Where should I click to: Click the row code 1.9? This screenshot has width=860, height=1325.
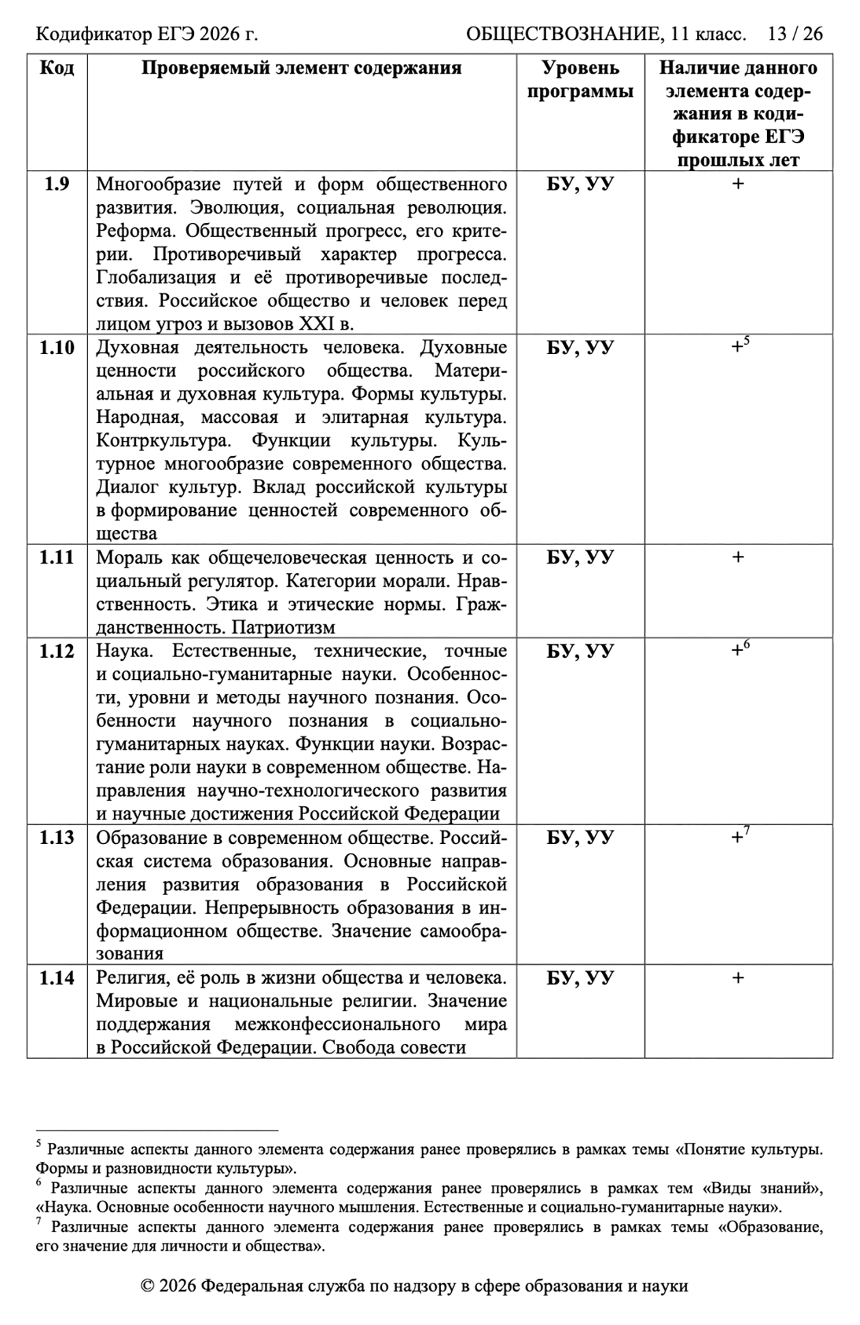point(57,184)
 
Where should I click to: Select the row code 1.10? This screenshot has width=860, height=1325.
point(57,348)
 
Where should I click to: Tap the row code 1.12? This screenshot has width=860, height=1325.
point(57,651)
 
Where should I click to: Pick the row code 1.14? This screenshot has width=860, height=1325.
point(57,978)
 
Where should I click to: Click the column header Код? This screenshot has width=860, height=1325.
point(57,68)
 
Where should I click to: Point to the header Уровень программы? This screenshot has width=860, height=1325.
point(580,80)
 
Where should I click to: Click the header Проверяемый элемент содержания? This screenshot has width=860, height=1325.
point(301,68)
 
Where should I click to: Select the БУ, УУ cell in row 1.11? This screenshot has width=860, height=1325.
point(580,557)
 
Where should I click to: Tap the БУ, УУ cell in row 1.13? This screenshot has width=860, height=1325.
point(580,838)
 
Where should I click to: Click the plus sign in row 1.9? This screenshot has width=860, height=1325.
point(738,184)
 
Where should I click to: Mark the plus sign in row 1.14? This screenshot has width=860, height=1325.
point(738,978)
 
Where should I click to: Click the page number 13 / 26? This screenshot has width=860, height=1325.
point(795,34)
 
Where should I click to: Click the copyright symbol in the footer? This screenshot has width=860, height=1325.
point(147,1287)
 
